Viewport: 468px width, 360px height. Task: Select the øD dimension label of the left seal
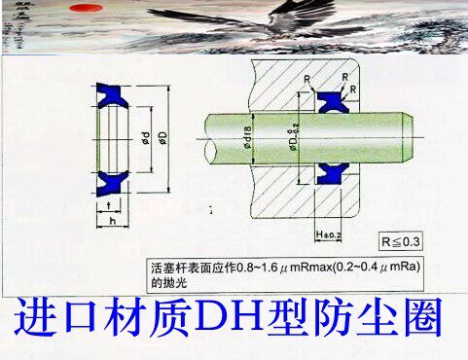[162, 137]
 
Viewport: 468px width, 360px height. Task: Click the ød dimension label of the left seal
[143, 137]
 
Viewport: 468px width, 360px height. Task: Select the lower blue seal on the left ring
[115, 181]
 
